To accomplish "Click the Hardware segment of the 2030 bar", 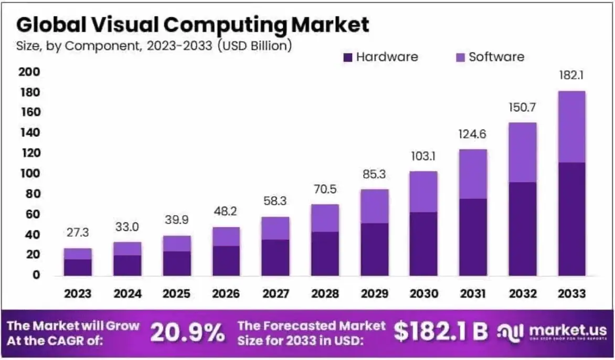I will [x=423, y=243].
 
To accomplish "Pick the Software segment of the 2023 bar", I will [x=78, y=254].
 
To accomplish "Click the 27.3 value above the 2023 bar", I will [x=78, y=232].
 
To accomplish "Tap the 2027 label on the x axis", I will [x=275, y=293].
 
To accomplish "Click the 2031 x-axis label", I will [x=473, y=293].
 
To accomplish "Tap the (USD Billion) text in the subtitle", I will [x=254, y=46].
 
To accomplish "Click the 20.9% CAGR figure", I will [x=188, y=332].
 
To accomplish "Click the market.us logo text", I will [x=561, y=330].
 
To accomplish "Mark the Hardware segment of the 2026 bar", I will [x=226, y=261].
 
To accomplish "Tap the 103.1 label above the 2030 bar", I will [x=423, y=156].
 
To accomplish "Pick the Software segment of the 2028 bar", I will [x=324, y=218].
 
